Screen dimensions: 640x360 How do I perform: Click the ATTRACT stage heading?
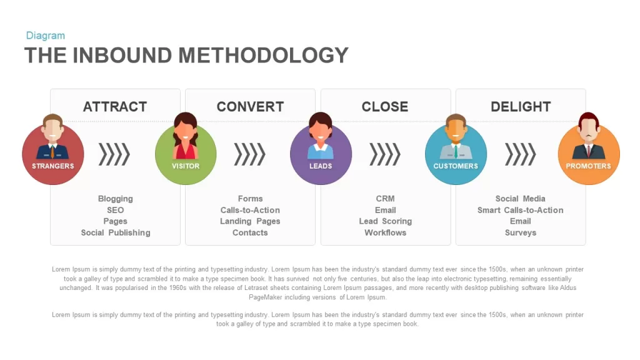tap(115, 106)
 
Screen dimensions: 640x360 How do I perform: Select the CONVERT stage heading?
tap(250, 106)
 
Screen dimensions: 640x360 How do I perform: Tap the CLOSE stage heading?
tap(385, 106)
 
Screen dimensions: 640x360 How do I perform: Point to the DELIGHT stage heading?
tap(521, 106)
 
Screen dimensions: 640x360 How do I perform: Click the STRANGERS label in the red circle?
tap(53, 166)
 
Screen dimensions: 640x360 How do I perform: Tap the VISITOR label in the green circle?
tap(186, 166)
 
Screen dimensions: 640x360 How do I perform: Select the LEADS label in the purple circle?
tap(321, 166)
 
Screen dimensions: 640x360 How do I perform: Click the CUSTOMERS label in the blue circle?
tap(456, 166)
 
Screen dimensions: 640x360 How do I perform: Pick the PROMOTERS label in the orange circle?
tap(588, 166)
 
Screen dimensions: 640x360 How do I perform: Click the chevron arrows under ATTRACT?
tap(114, 154)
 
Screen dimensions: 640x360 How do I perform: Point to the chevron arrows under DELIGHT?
tap(521, 154)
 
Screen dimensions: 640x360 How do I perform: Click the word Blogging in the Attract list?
tap(116, 199)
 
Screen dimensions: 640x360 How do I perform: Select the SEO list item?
tap(116, 210)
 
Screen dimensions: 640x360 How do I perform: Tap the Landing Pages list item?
tap(250, 221)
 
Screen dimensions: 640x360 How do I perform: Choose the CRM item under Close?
tap(385, 198)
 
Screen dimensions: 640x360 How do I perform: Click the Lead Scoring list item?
tap(385, 221)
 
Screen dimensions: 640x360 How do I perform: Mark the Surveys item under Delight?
tap(521, 232)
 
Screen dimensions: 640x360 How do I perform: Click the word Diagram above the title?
tap(45, 36)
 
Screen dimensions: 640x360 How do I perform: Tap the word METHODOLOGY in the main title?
tap(263, 55)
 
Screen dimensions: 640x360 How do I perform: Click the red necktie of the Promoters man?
tap(589, 151)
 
